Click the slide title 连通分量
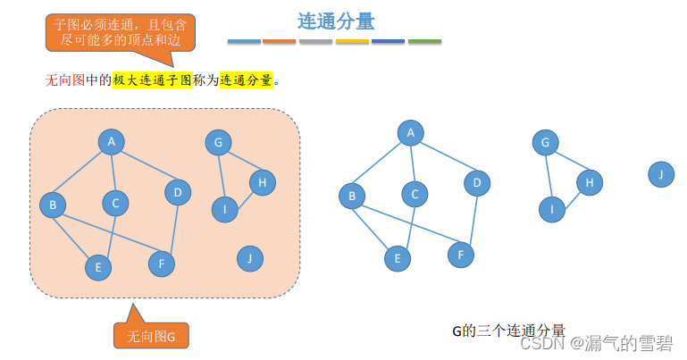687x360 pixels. point(336,21)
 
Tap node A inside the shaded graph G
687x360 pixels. point(112,142)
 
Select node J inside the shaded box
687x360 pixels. point(250,259)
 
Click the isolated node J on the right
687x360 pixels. point(661,174)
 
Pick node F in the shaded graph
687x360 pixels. point(162,264)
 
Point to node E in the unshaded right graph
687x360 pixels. point(397,259)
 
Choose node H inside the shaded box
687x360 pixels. point(262,182)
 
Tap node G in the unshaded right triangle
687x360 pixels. point(545,142)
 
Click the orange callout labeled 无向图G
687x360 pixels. point(151,336)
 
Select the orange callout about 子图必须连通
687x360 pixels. point(121,31)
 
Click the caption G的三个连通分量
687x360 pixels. point(508,331)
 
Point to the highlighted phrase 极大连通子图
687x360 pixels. point(152,80)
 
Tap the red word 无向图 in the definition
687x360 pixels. point(64,80)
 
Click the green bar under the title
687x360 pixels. point(424,42)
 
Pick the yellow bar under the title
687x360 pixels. point(352,42)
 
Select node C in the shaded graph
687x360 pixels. point(115,204)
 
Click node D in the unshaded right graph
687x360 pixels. point(477,184)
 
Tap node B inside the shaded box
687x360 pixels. point(53,205)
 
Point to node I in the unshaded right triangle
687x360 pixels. point(552,210)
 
